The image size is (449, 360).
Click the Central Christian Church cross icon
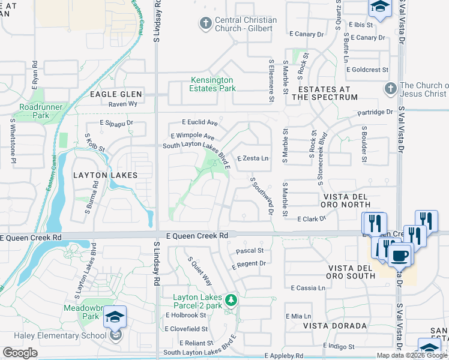coord(205,24)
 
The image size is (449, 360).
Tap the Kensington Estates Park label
coord(221,84)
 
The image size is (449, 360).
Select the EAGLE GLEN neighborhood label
coord(116,94)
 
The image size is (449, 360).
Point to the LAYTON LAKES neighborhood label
coord(105,175)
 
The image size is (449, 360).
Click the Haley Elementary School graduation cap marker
coord(115,317)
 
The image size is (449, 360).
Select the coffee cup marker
coord(399,255)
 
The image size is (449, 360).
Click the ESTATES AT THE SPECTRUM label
coord(324,92)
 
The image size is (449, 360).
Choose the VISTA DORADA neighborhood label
coord(334,326)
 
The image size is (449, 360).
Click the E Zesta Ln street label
coord(252,159)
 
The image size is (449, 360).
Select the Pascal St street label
coord(250,250)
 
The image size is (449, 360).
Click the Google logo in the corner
coord(20,353)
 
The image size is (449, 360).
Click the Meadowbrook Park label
coord(82,312)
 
